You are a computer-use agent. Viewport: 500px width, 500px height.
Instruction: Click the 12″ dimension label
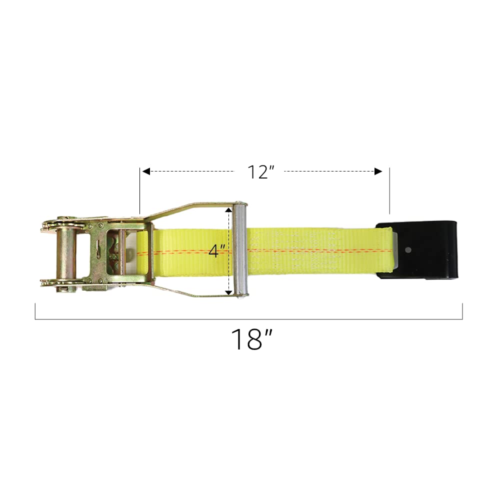point(261,172)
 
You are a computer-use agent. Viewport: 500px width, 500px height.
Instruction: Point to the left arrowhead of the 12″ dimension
point(146,171)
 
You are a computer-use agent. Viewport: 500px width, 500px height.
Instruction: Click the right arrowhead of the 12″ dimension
point(378,171)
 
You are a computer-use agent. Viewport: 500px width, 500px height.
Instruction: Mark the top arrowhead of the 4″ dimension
point(229,210)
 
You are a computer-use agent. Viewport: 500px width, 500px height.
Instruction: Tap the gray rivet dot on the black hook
point(409,249)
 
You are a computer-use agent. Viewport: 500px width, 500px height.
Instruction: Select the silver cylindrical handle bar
point(240,250)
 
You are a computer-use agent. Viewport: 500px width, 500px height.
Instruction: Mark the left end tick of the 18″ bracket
point(35,311)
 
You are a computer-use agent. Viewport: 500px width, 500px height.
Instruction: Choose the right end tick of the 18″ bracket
point(462,311)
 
